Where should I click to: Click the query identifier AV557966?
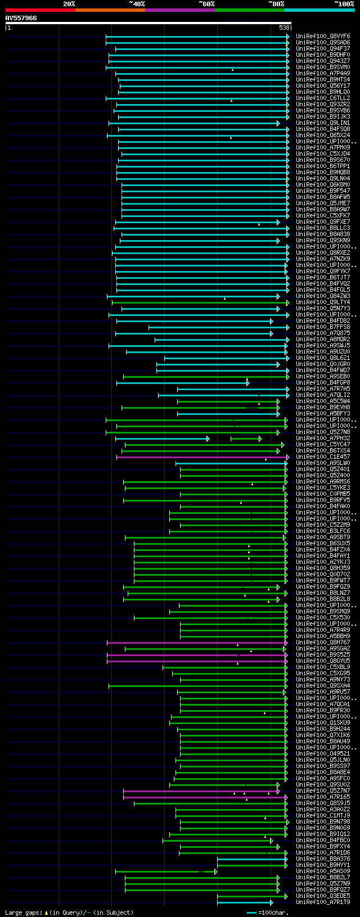tap(21, 19)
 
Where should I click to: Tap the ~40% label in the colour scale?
tap(137, 4)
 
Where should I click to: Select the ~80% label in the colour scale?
tap(276, 4)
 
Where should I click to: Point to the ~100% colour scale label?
tap(344, 4)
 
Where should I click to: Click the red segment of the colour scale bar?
tap(40, 10)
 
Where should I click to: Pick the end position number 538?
tap(284, 28)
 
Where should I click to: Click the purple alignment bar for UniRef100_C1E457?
tap(202, 457)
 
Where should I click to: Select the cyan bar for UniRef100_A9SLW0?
tap(231, 463)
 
